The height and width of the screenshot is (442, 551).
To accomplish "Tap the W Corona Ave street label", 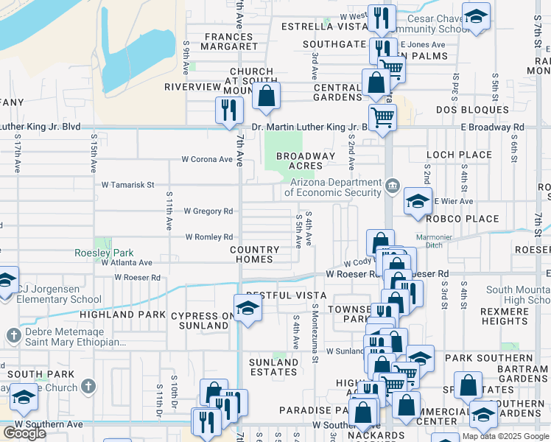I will (207, 159).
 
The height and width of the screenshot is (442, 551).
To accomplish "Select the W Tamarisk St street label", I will (127, 185).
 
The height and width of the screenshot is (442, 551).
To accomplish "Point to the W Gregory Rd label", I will (208, 211).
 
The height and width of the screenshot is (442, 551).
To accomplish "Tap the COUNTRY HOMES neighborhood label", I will (254, 255).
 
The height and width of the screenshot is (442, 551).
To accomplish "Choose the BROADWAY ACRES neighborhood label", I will (306, 161).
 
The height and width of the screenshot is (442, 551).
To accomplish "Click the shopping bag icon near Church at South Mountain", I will (266, 95).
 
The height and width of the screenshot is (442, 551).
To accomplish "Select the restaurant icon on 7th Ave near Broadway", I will (228, 110).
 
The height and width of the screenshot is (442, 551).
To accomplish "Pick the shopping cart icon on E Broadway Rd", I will (382, 116).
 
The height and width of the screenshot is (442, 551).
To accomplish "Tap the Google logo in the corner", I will (24, 433).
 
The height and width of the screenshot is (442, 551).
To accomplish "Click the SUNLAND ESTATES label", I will (273, 367).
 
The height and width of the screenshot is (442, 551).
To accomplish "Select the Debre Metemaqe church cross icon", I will (13, 336).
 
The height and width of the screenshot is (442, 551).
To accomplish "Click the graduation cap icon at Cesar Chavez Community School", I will (476, 16).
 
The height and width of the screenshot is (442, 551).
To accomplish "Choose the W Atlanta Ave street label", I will (127, 262).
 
